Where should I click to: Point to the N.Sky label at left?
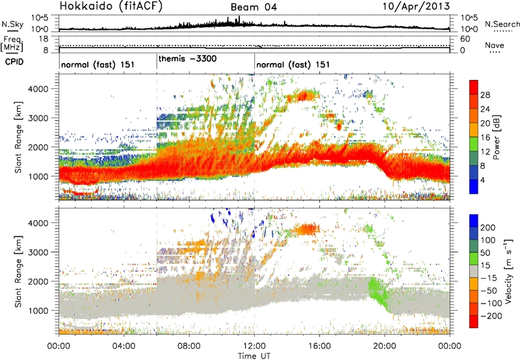coord(10,24)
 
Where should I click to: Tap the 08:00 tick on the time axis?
coord(189,345)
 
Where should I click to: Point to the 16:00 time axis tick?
coord(319,345)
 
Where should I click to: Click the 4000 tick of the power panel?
coord(44,88)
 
